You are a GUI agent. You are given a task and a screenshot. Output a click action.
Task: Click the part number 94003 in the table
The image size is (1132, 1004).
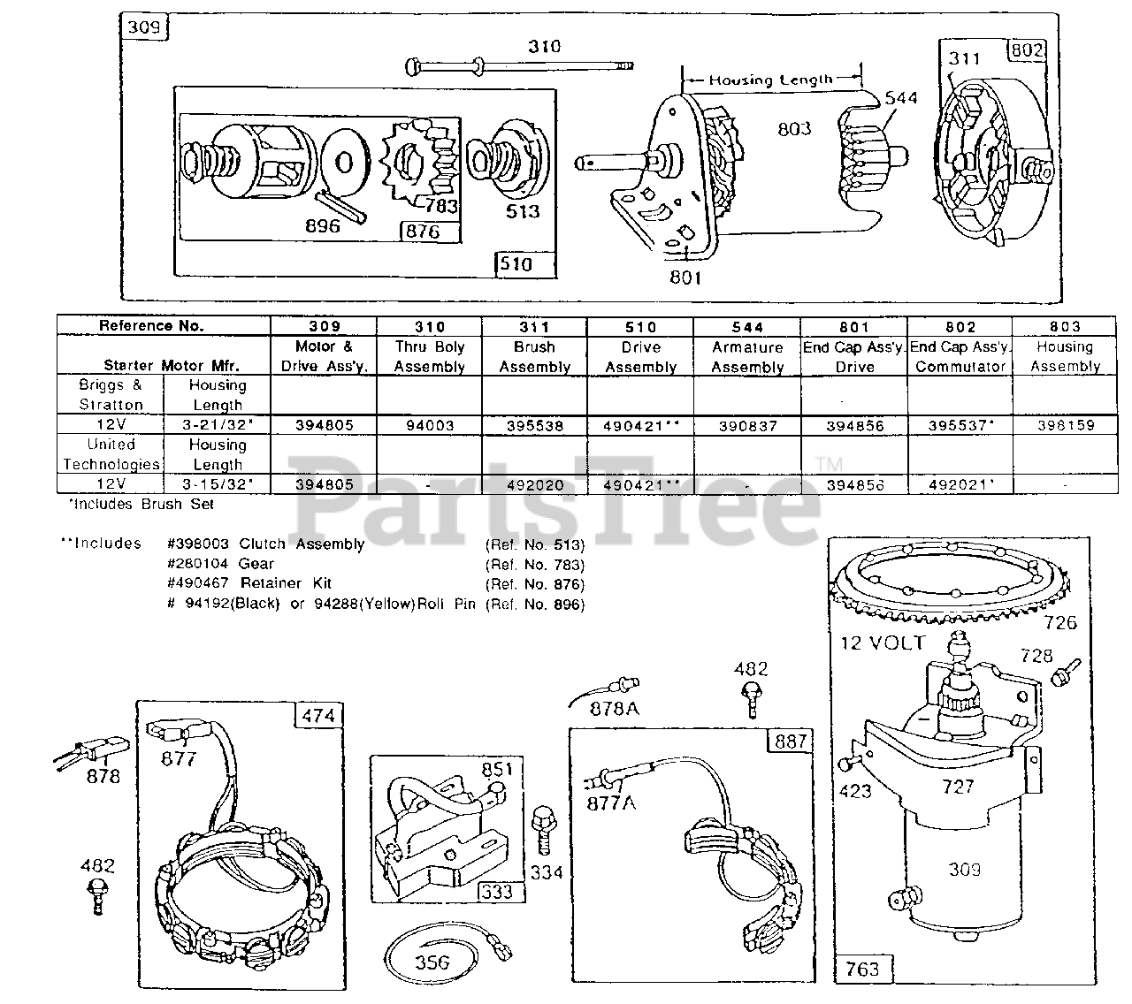pos(429,425)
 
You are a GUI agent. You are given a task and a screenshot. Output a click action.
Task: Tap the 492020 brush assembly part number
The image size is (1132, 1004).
pos(534,484)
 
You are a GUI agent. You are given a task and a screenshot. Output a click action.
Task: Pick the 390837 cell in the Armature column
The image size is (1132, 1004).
pos(747,425)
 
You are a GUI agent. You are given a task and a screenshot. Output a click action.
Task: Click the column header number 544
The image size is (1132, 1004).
pos(747,326)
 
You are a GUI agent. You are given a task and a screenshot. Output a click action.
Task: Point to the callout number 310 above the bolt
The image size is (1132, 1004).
pos(544,46)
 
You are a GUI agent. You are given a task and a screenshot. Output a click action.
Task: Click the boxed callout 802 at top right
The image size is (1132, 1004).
pos(1027,50)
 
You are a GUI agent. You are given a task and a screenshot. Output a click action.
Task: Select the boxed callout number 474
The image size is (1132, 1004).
pos(318,715)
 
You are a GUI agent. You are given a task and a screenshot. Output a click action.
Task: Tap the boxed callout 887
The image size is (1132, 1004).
pos(790,741)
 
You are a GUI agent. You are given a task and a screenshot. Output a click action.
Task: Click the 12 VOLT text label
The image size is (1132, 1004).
pos(883,643)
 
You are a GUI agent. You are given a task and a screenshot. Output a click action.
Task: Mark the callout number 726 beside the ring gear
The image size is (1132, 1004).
pos(1060,622)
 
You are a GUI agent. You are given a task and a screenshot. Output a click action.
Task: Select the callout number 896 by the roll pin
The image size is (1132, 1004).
pos(322,225)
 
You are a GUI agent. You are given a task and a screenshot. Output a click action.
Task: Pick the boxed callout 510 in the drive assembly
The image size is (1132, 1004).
pos(524,263)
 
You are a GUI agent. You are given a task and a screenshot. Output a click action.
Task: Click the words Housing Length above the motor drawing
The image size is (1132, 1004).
pos(771,80)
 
